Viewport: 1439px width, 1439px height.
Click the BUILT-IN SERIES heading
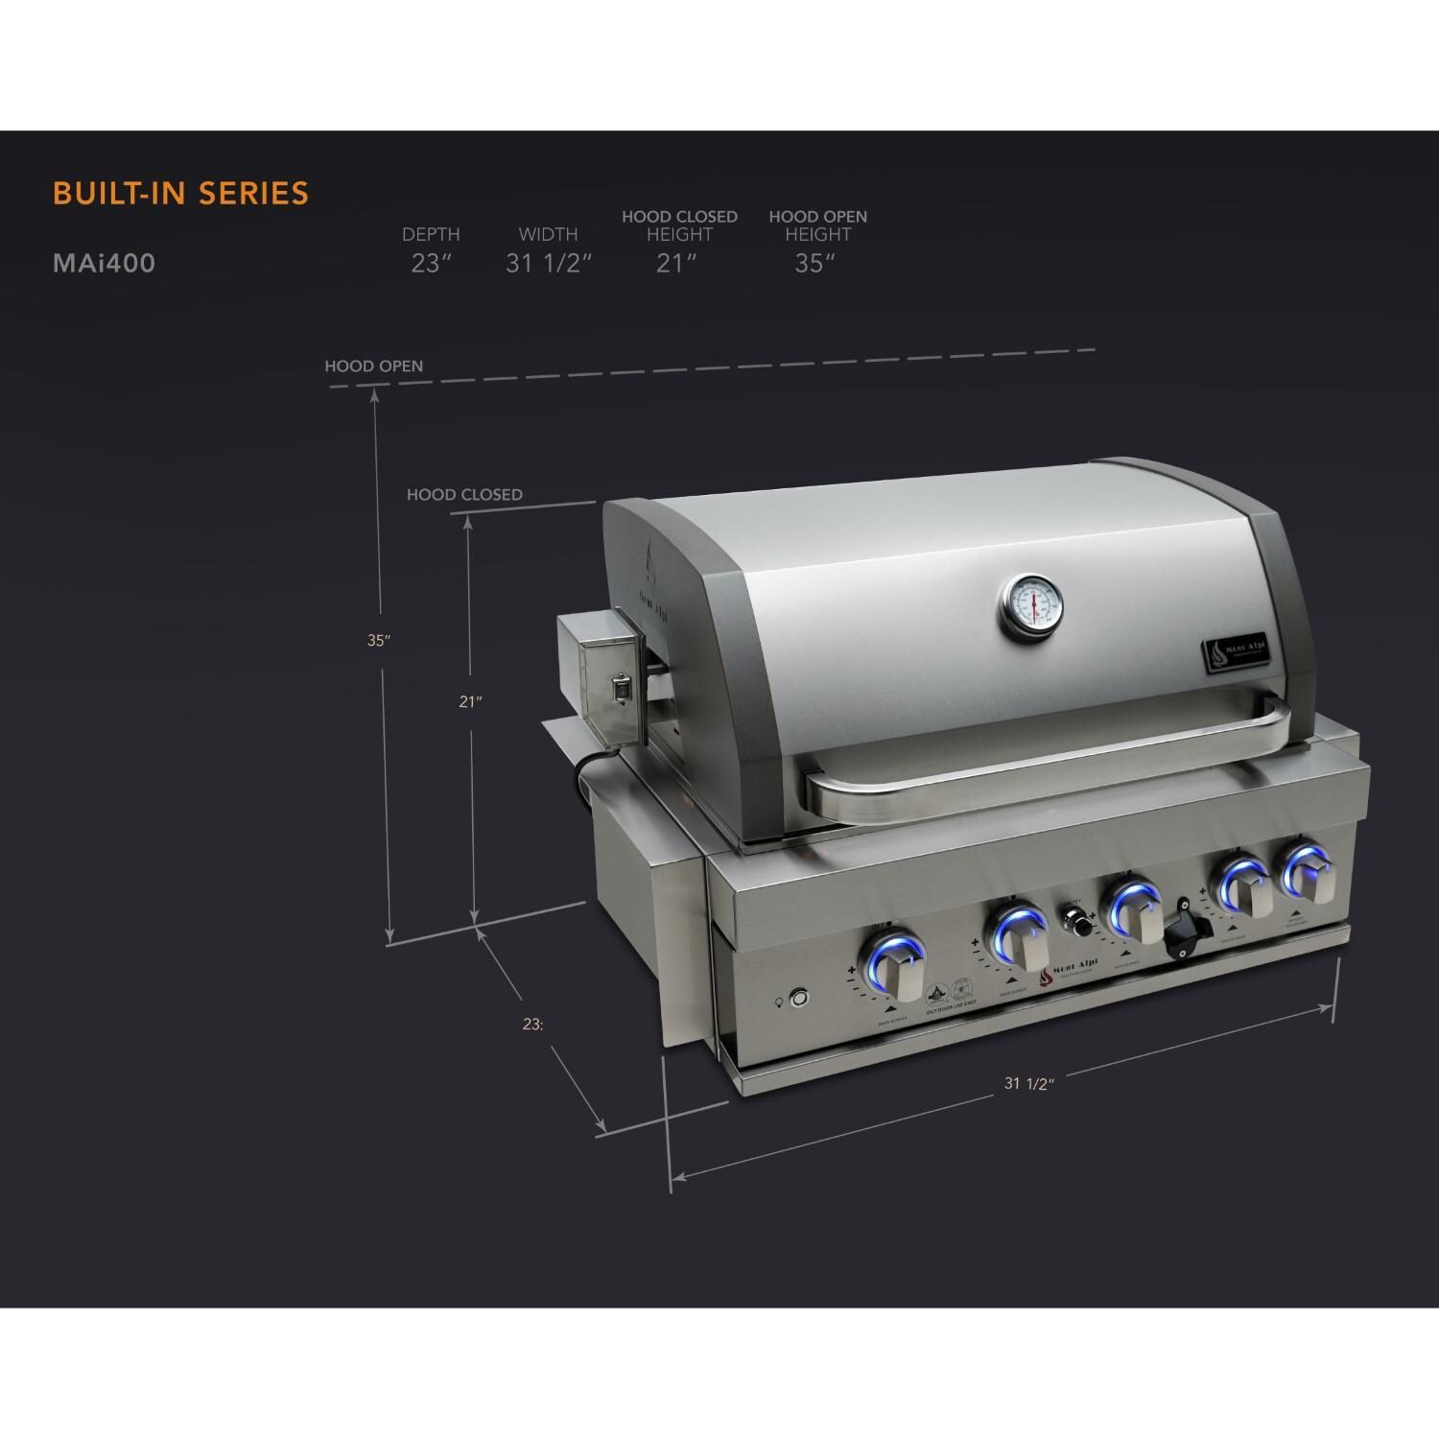coord(180,193)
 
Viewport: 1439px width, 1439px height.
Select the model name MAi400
coord(104,263)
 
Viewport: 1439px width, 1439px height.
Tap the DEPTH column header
coord(431,234)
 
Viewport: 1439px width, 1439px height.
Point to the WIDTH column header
coord(548,234)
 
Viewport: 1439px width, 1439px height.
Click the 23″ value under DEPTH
coord(431,264)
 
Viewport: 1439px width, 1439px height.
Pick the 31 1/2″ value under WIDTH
coord(549,264)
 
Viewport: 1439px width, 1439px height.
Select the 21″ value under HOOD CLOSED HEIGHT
coord(676,264)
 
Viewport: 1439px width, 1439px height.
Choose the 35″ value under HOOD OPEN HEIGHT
coord(815,264)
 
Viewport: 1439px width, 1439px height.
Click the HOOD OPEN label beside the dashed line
coord(373,366)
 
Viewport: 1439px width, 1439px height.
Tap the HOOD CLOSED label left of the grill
coord(464,495)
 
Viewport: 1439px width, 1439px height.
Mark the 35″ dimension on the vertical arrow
coord(379,640)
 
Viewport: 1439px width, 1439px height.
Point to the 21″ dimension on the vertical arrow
coord(469,701)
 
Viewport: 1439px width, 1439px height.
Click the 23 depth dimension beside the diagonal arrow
coord(533,1024)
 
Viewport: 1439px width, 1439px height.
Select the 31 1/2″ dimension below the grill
coord(1029,1083)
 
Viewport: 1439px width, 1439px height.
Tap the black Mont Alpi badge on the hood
coord(1238,652)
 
